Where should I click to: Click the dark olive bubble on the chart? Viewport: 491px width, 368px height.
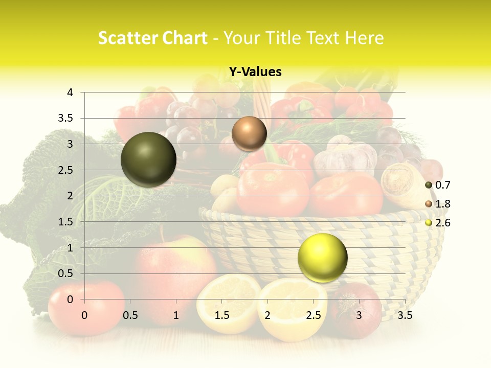pos(148,159)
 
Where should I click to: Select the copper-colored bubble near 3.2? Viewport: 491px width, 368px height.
pos(249,133)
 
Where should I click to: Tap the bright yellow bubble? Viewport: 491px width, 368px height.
pos(322,258)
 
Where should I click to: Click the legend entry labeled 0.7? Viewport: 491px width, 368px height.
pos(442,185)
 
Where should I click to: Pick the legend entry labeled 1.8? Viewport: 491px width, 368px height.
pos(442,204)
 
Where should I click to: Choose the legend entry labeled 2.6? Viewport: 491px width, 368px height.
pos(442,223)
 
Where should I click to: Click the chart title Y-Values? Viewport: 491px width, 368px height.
pos(255,72)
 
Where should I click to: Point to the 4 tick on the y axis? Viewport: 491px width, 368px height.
pos(70,93)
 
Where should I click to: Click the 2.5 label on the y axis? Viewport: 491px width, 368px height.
pos(65,170)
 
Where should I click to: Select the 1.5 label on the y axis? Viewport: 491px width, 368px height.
pos(65,221)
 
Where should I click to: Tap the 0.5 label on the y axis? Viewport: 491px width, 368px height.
pos(65,273)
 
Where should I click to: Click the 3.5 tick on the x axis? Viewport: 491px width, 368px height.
pos(405,315)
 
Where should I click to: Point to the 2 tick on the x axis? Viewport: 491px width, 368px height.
pos(267,315)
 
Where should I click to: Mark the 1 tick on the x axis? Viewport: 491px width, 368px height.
pos(176,315)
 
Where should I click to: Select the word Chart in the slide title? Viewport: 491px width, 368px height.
pos(185,38)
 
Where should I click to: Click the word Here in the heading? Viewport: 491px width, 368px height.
pos(365,38)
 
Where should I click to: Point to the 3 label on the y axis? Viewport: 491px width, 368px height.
pos(70,144)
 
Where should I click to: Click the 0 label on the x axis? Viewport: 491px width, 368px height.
pos(84,315)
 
